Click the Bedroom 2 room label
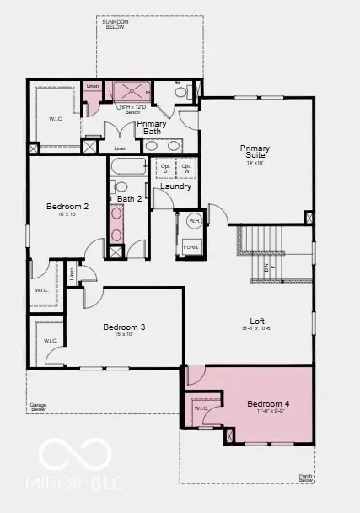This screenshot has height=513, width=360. pos(67,207)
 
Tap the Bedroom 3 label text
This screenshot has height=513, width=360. pos(124,327)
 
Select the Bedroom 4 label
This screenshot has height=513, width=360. pos(268,405)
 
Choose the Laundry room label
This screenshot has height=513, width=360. pos(177,186)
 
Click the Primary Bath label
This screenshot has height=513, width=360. pos(152,127)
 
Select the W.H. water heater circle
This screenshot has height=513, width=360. pos(193,222)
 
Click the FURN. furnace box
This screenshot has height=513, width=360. pos(192,247)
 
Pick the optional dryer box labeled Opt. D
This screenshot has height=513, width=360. pos(165,167)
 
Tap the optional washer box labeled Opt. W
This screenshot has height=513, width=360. pos(186,167)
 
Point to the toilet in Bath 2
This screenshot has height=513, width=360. pos(121,186)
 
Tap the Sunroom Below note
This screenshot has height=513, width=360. pos(115,25)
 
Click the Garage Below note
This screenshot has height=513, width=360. pos(38,407)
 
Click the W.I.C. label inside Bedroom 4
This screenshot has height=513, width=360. pos(201,409)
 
